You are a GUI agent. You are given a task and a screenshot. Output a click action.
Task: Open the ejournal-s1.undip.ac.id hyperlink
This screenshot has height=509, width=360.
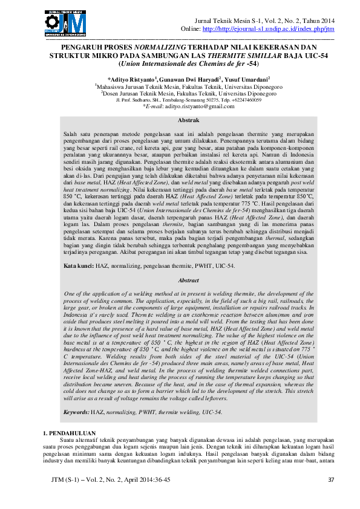tap(266, 29)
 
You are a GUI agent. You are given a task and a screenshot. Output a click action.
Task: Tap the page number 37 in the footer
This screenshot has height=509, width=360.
tap(330, 497)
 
